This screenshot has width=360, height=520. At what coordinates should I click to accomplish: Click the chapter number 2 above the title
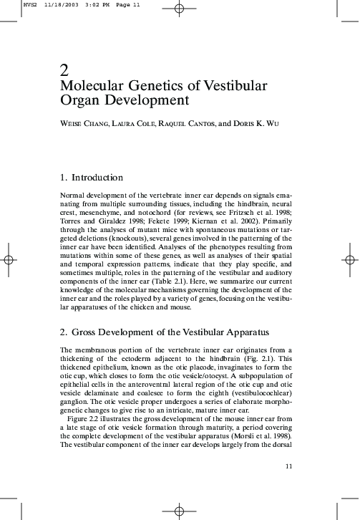[x=64, y=70]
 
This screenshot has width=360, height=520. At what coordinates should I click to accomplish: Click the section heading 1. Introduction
[x=92, y=178]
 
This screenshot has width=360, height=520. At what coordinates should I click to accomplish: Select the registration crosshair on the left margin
[x=8, y=260]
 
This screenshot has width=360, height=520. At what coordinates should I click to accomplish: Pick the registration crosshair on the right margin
[x=351, y=260]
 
